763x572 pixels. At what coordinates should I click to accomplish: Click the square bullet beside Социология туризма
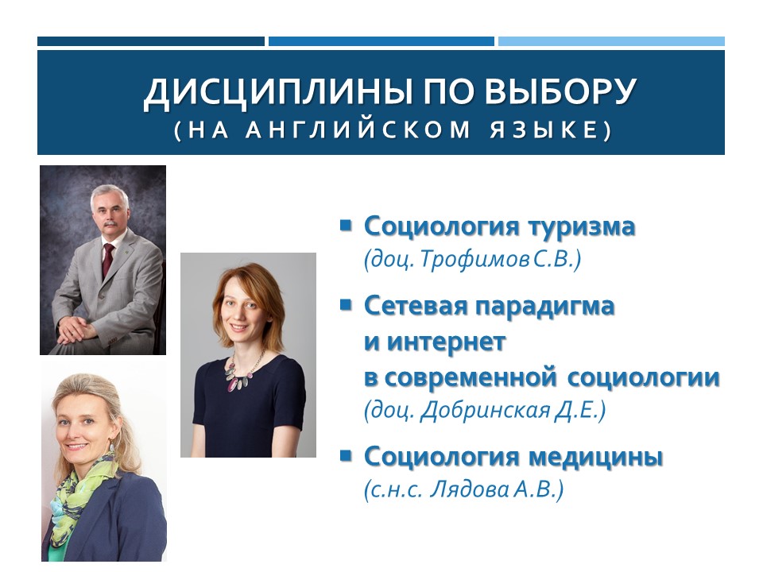click(346, 225)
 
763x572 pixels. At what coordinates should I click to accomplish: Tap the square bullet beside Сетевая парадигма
click(346, 303)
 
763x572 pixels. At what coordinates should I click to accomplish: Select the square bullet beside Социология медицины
click(346, 456)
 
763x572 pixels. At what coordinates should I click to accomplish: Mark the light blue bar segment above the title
click(611, 41)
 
